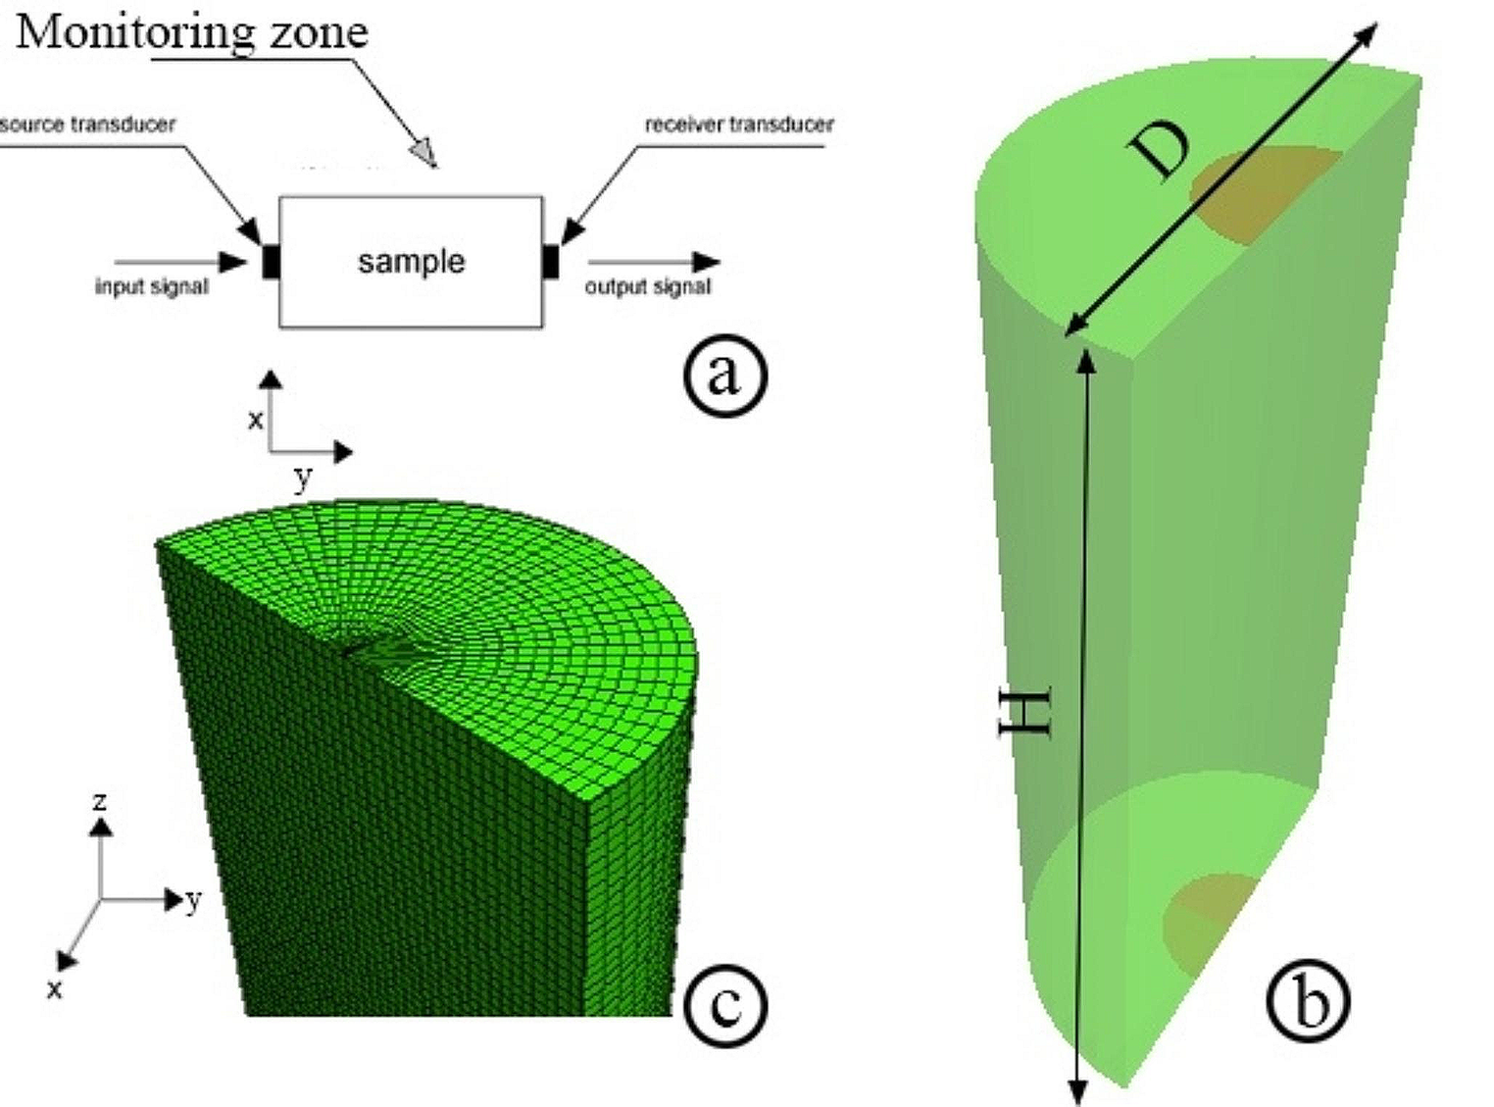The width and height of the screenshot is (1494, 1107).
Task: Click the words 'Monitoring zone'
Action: (x=192, y=32)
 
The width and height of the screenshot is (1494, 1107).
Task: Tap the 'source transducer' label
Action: (x=88, y=125)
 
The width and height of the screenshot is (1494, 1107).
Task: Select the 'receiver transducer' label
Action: (x=739, y=125)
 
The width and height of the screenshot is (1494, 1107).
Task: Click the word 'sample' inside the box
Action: (x=411, y=261)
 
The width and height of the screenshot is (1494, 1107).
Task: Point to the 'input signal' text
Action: (x=151, y=286)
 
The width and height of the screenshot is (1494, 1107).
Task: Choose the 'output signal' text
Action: (x=648, y=286)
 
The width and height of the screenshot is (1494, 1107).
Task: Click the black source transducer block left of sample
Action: (x=272, y=262)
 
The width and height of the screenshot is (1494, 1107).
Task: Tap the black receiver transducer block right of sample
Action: (x=551, y=262)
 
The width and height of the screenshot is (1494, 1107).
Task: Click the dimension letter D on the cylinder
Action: (x=1160, y=152)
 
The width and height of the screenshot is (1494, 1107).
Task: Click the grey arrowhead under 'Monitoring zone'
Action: (x=423, y=152)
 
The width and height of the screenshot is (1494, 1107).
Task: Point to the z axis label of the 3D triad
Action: (x=99, y=802)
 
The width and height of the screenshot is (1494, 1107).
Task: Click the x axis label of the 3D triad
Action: (x=55, y=988)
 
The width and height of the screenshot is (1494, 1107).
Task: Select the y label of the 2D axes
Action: (x=303, y=478)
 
